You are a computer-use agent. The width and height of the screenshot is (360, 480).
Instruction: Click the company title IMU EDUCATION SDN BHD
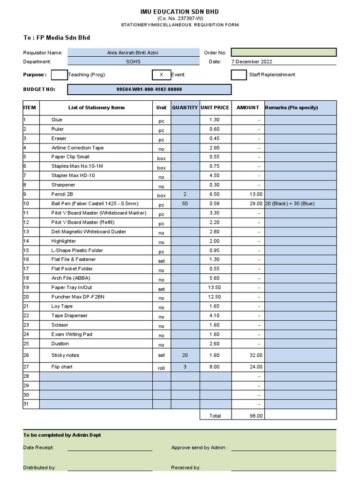(180, 11)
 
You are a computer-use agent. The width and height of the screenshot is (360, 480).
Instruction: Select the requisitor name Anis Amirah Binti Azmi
(133, 52)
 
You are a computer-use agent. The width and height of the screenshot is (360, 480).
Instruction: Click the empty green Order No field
(283, 52)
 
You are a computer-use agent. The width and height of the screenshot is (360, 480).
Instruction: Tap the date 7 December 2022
(252, 61)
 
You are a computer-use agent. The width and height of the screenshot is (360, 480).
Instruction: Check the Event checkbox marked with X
(161, 75)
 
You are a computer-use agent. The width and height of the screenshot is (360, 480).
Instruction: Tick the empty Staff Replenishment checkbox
(239, 75)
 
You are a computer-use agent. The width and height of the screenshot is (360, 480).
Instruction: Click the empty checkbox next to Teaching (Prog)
(59, 75)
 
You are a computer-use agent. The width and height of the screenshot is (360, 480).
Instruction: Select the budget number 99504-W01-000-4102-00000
(149, 89)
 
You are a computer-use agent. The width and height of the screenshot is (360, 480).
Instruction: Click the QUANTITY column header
(185, 107)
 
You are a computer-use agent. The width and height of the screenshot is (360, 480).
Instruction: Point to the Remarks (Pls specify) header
(291, 107)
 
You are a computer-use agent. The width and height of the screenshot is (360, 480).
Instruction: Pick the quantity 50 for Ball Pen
(185, 203)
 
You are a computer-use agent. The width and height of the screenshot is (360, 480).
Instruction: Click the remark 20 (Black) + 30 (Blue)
(289, 203)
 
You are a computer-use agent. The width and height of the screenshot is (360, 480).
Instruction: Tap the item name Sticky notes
(65, 355)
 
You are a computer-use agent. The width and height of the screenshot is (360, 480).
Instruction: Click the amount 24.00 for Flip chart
(256, 367)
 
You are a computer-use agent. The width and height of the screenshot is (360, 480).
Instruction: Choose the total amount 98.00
(256, 415)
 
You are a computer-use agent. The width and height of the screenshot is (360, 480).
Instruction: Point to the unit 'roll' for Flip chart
(161, 368)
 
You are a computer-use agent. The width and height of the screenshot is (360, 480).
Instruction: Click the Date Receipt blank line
(110, 448)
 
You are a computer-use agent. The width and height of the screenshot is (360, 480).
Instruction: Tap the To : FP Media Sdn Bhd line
(57, 37)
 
